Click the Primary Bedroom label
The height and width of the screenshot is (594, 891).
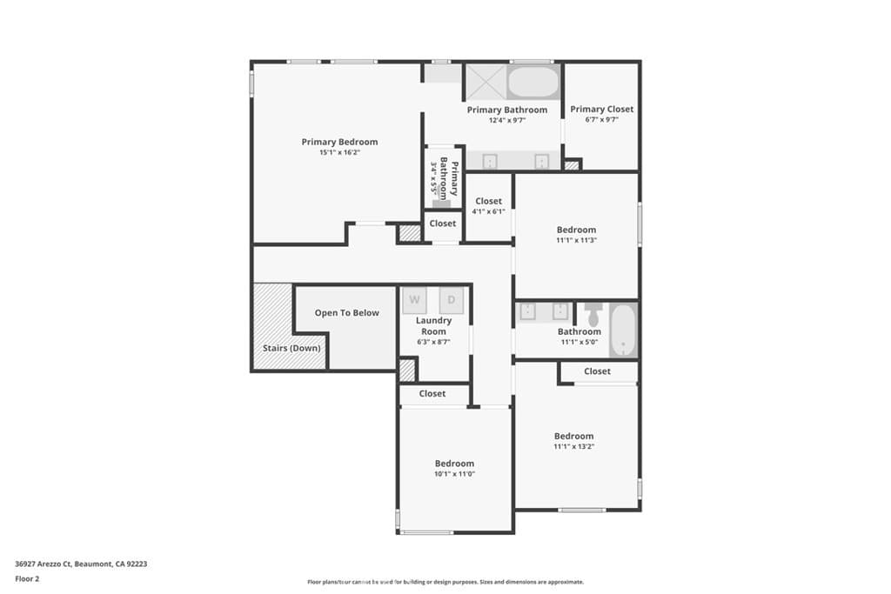[x=339, y=142]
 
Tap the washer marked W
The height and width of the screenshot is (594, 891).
[x=414, y=300]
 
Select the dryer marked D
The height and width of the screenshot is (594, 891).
[x=451, y=300]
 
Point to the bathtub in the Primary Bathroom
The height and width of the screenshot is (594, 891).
[x=533, y=83]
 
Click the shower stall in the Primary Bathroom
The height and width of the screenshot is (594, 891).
[x=484, y=81]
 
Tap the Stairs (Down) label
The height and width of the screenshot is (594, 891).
[x=291, y=349]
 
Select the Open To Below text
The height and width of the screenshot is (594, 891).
[x=346, y=313]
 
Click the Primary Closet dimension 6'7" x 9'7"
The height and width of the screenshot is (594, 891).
[x=601, y=120]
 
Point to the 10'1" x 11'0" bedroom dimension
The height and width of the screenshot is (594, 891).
[x=454, y=474]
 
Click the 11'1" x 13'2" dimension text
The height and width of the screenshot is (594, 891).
[x=573, y=446]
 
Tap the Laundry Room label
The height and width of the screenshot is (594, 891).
[x=433, y=326]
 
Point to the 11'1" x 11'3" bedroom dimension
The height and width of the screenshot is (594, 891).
[x=576, y=240]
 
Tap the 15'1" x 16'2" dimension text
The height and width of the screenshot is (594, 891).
[x=339, y=152]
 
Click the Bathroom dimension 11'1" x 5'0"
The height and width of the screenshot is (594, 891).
[x=579, y=342]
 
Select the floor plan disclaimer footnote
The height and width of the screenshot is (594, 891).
[x=445, y=582]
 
